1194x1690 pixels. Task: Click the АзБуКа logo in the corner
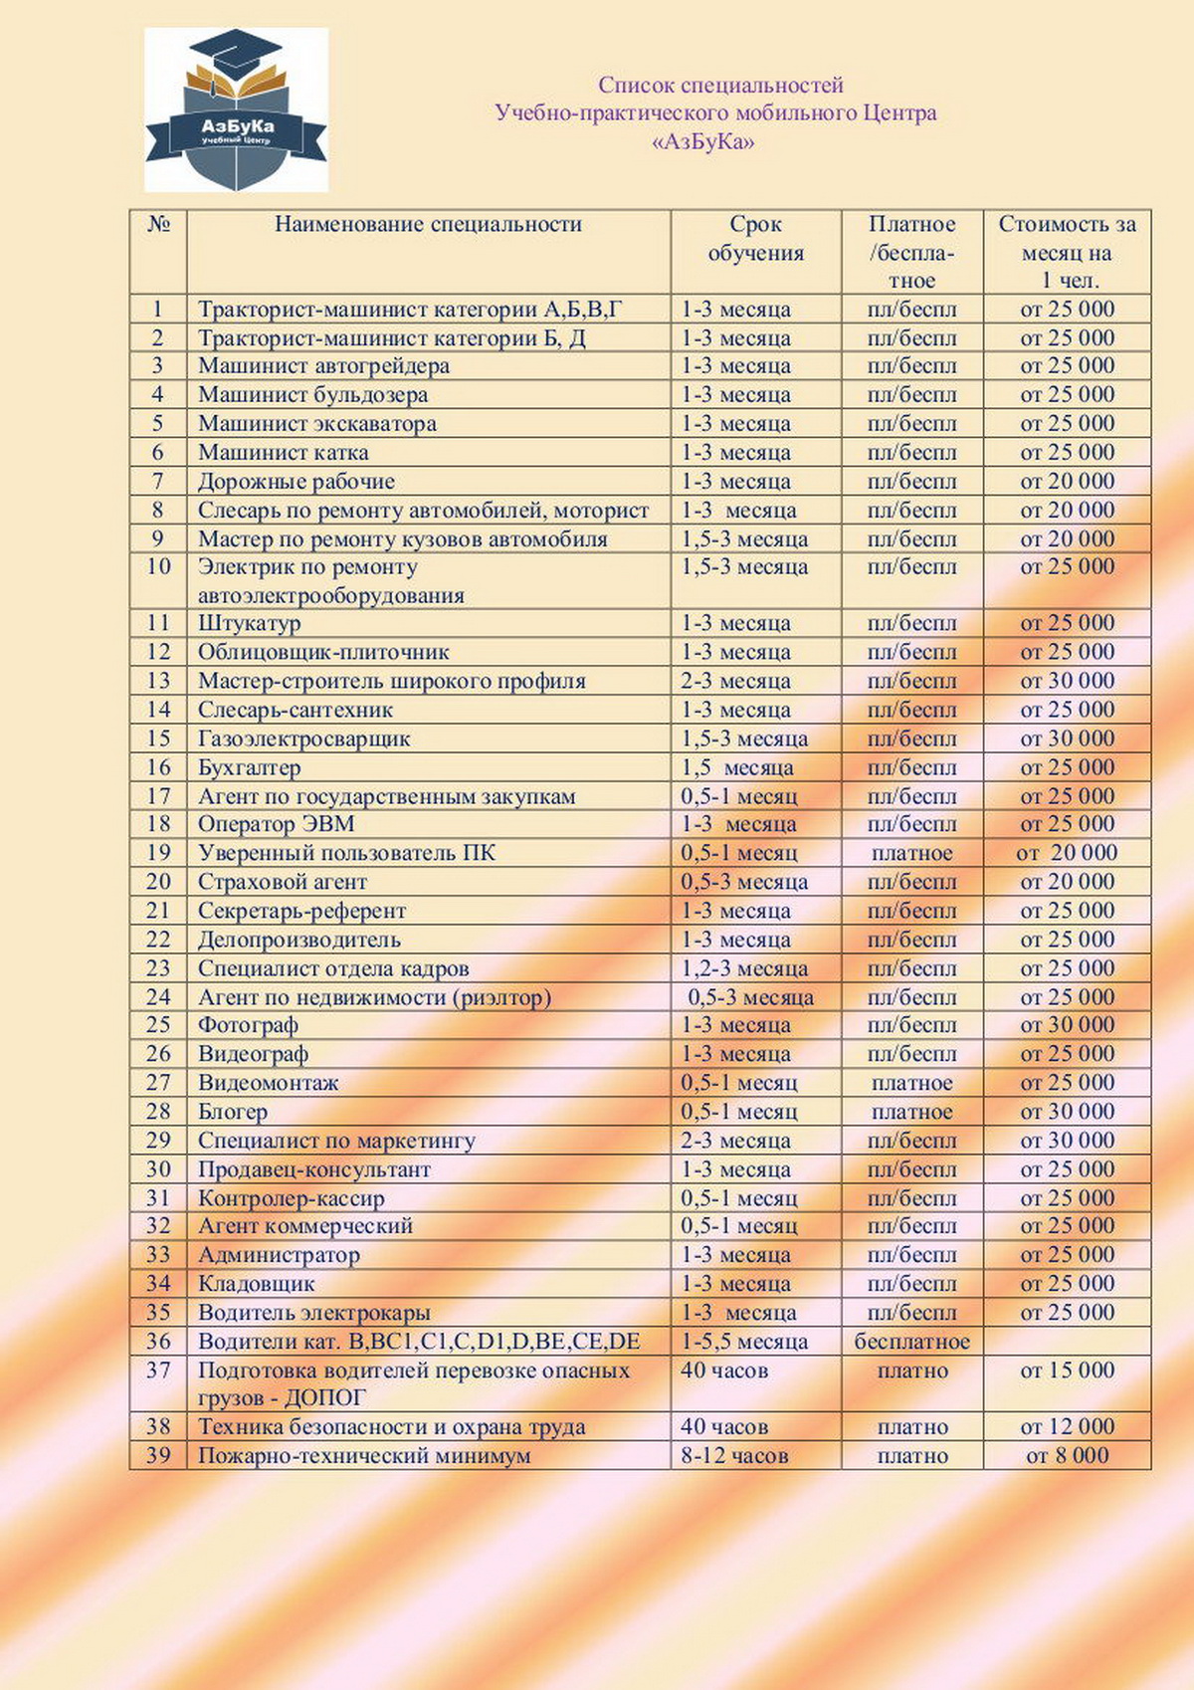coord(236,109)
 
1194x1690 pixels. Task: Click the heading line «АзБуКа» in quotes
coord(702,142)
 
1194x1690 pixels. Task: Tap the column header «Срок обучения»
coord(755,239)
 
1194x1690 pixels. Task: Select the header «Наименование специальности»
coord(428,225)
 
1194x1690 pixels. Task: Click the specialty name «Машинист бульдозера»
coord(312,395)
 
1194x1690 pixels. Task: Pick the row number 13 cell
coord(158,682)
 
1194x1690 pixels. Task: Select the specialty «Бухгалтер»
coord(249,768)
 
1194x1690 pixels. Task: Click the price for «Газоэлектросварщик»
coord(1067,739)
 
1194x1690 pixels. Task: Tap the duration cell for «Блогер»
coord(738,1112)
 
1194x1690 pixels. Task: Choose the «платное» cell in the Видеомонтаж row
coord(911,1083)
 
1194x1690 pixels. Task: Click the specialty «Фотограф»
coord(248,1025)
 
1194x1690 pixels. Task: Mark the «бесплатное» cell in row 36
coord(911,1342)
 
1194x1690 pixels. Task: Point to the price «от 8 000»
coord(1067,1456)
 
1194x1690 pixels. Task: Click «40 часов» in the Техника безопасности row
coord(723,1427)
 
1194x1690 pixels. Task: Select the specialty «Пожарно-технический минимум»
coord(363,1456)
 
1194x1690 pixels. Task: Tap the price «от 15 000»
coord(1067,1371)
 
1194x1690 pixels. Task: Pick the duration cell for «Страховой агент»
coord(743,883)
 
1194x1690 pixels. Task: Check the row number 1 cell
coord(158,310)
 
